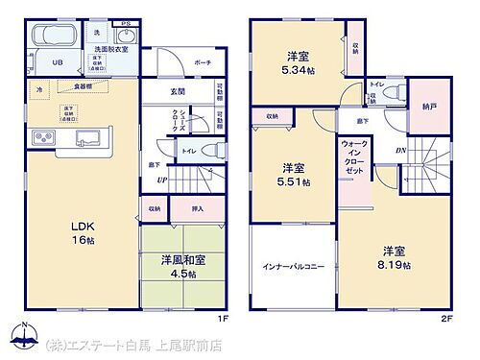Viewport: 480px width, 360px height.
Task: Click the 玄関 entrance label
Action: coord(178,92)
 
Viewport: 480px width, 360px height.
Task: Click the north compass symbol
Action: coord(19,337)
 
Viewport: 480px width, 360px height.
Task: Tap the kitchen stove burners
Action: coord(43,136)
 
